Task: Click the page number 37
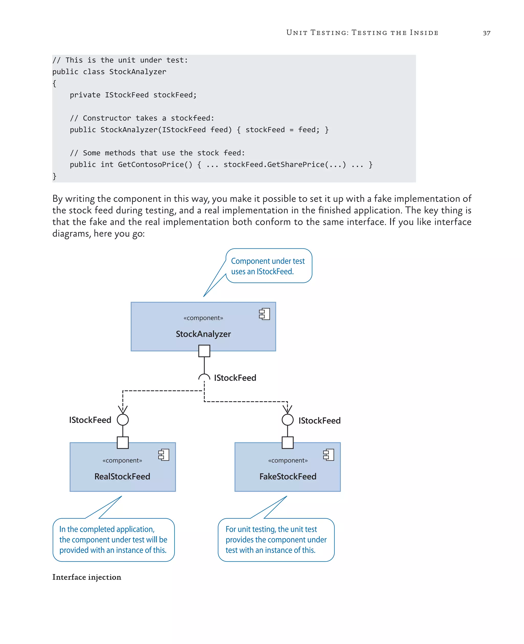tap(486, 33)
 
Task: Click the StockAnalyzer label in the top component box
tap(203, 334)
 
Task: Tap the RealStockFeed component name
tap(122, 476)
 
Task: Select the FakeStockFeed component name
tap(288, 476)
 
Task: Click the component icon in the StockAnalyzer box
tap(264, 314)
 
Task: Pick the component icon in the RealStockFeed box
tap(163, 455)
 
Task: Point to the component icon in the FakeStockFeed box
tap(329, 455)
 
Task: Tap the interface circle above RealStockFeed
tap(123, 420)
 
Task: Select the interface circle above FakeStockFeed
tap(287, 420)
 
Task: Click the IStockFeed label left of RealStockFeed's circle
tap(90, 420)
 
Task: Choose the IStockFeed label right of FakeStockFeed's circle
tap(319, 421)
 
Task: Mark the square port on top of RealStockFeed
tap(123, 443)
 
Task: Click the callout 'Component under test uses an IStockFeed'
tap(268, 266)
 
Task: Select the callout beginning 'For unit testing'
tap(276, 540)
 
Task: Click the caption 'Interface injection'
tap(87, 577)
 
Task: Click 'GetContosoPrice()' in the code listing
tap(155, 165)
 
